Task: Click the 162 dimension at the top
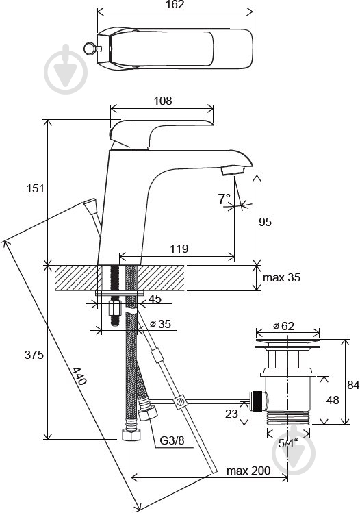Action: click(x=175, y=5)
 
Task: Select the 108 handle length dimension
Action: click(x=163, y=101)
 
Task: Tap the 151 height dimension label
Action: click(x=35, y=188)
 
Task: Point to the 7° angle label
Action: click(x=224, y=199)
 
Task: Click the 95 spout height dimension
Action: click(x=265, y=222)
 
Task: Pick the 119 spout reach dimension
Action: click(x=179, y=249)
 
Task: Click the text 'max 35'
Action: click(x=281, y=278)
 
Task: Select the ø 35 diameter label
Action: click(x=160, y=324)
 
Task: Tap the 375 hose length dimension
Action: click(x=34, y=355)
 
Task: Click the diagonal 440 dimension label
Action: click(x=79, y=376)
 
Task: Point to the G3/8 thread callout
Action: click(x=172, y=440)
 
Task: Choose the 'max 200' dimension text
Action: click(x=248, y=471)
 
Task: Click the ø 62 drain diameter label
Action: click(x=283, y=326)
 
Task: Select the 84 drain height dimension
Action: click(x=353, y=385)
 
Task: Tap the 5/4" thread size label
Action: click(x=288, y=443)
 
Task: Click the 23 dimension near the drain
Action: click(x=231, y=414)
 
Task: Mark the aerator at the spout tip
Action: click(x=233, y=171)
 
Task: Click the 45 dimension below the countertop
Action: click(x=155, y=299)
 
